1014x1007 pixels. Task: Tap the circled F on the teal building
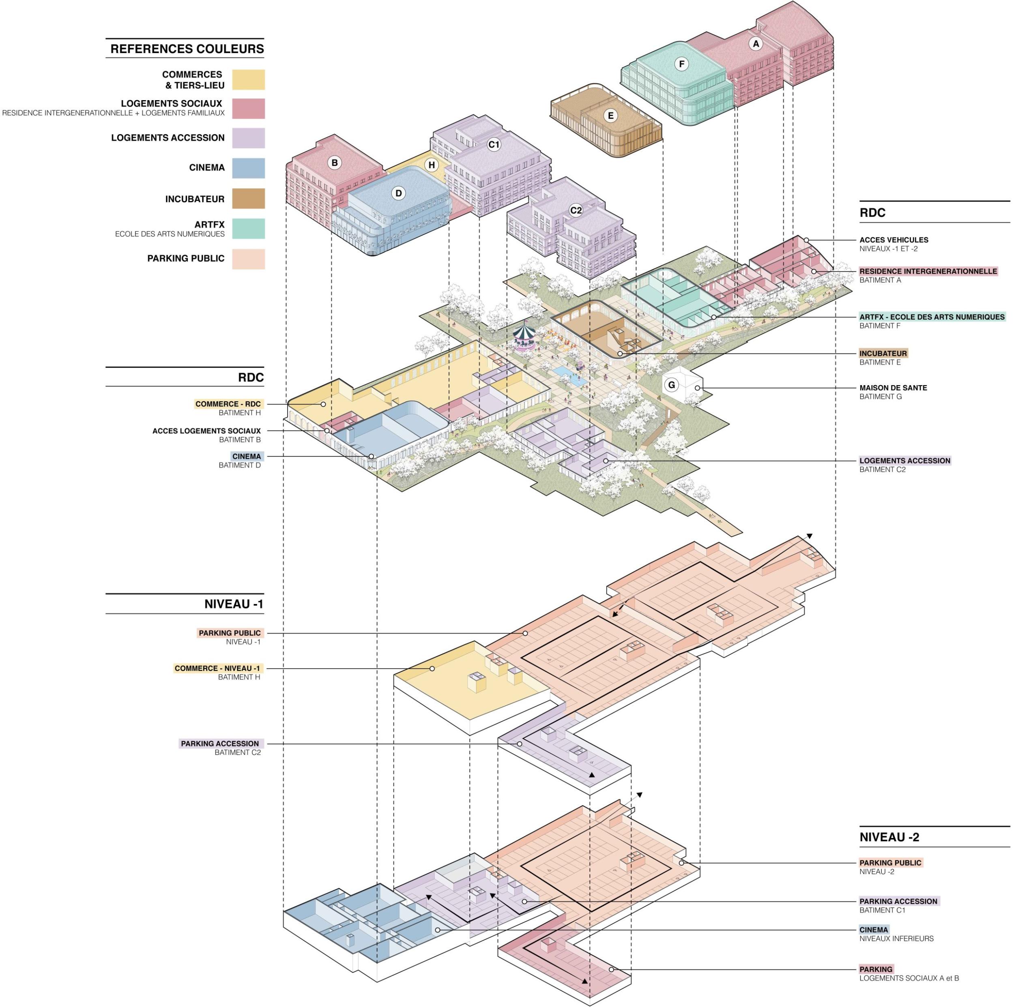pyautogui.click(x=681, y=64)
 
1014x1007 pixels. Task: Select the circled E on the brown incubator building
pyautogui.click(x=610, y=116)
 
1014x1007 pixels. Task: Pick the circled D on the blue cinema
pyautogui.click(x=398, y=193)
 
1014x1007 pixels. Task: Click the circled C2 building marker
pyautogui.click(x=576, y=210)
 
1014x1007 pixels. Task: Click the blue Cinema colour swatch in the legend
pyautogui.click(x=248, y=168)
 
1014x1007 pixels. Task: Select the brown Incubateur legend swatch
pyautogui.click(x=248, y=199)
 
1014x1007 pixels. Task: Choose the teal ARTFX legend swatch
pyautogui.click(x=248, y=229)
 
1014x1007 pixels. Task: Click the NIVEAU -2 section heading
pyautogui.click(x=889, y=837)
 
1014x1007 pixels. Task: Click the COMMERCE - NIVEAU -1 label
pyautogui.click(x=217, y=668)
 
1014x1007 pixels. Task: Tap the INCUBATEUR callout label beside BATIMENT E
pyautogui.click(x=883, y=353)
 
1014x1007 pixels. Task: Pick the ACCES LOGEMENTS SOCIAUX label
pyautogui.click(x=206, y=431)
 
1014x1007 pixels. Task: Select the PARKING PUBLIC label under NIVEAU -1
pyautogui.click(x=229, y=633)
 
